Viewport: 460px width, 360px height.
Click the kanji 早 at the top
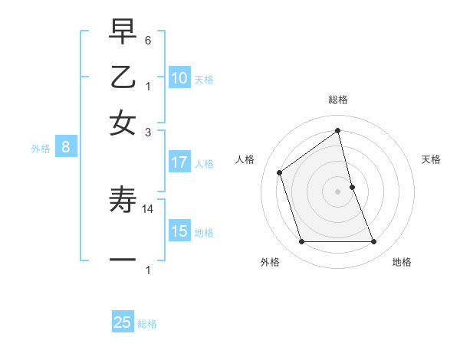click(x=123, y=34)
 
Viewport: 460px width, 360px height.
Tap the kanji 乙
click(x=123, y=78)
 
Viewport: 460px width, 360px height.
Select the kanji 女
click(x=123, y=123)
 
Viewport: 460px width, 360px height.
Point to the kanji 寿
click(x=123, y=201)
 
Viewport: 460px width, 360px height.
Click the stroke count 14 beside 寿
click(x=149, y=208)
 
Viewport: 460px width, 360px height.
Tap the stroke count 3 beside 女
click(x=149, y=131)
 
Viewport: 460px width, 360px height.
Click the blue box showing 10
click(x=179, y=78)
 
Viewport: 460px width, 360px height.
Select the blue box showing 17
click(x=179, y=162)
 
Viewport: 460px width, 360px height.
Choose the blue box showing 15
click(x=179, y=231)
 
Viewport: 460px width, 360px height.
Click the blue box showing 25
click(x=123, y=322)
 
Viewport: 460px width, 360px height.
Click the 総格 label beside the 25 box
click(x=147, y=324)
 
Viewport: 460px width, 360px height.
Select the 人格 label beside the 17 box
click(x=204, y=164)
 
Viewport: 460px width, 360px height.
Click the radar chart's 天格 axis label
click(x=431, y=159)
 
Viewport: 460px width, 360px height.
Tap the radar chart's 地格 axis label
click(x=402, y=262)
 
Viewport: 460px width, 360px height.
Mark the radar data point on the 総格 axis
click(x=338, y=131)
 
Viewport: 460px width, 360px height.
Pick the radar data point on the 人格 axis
click(x=280, y=172)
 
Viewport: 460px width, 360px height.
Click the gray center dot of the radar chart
click(x=338, y=191)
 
